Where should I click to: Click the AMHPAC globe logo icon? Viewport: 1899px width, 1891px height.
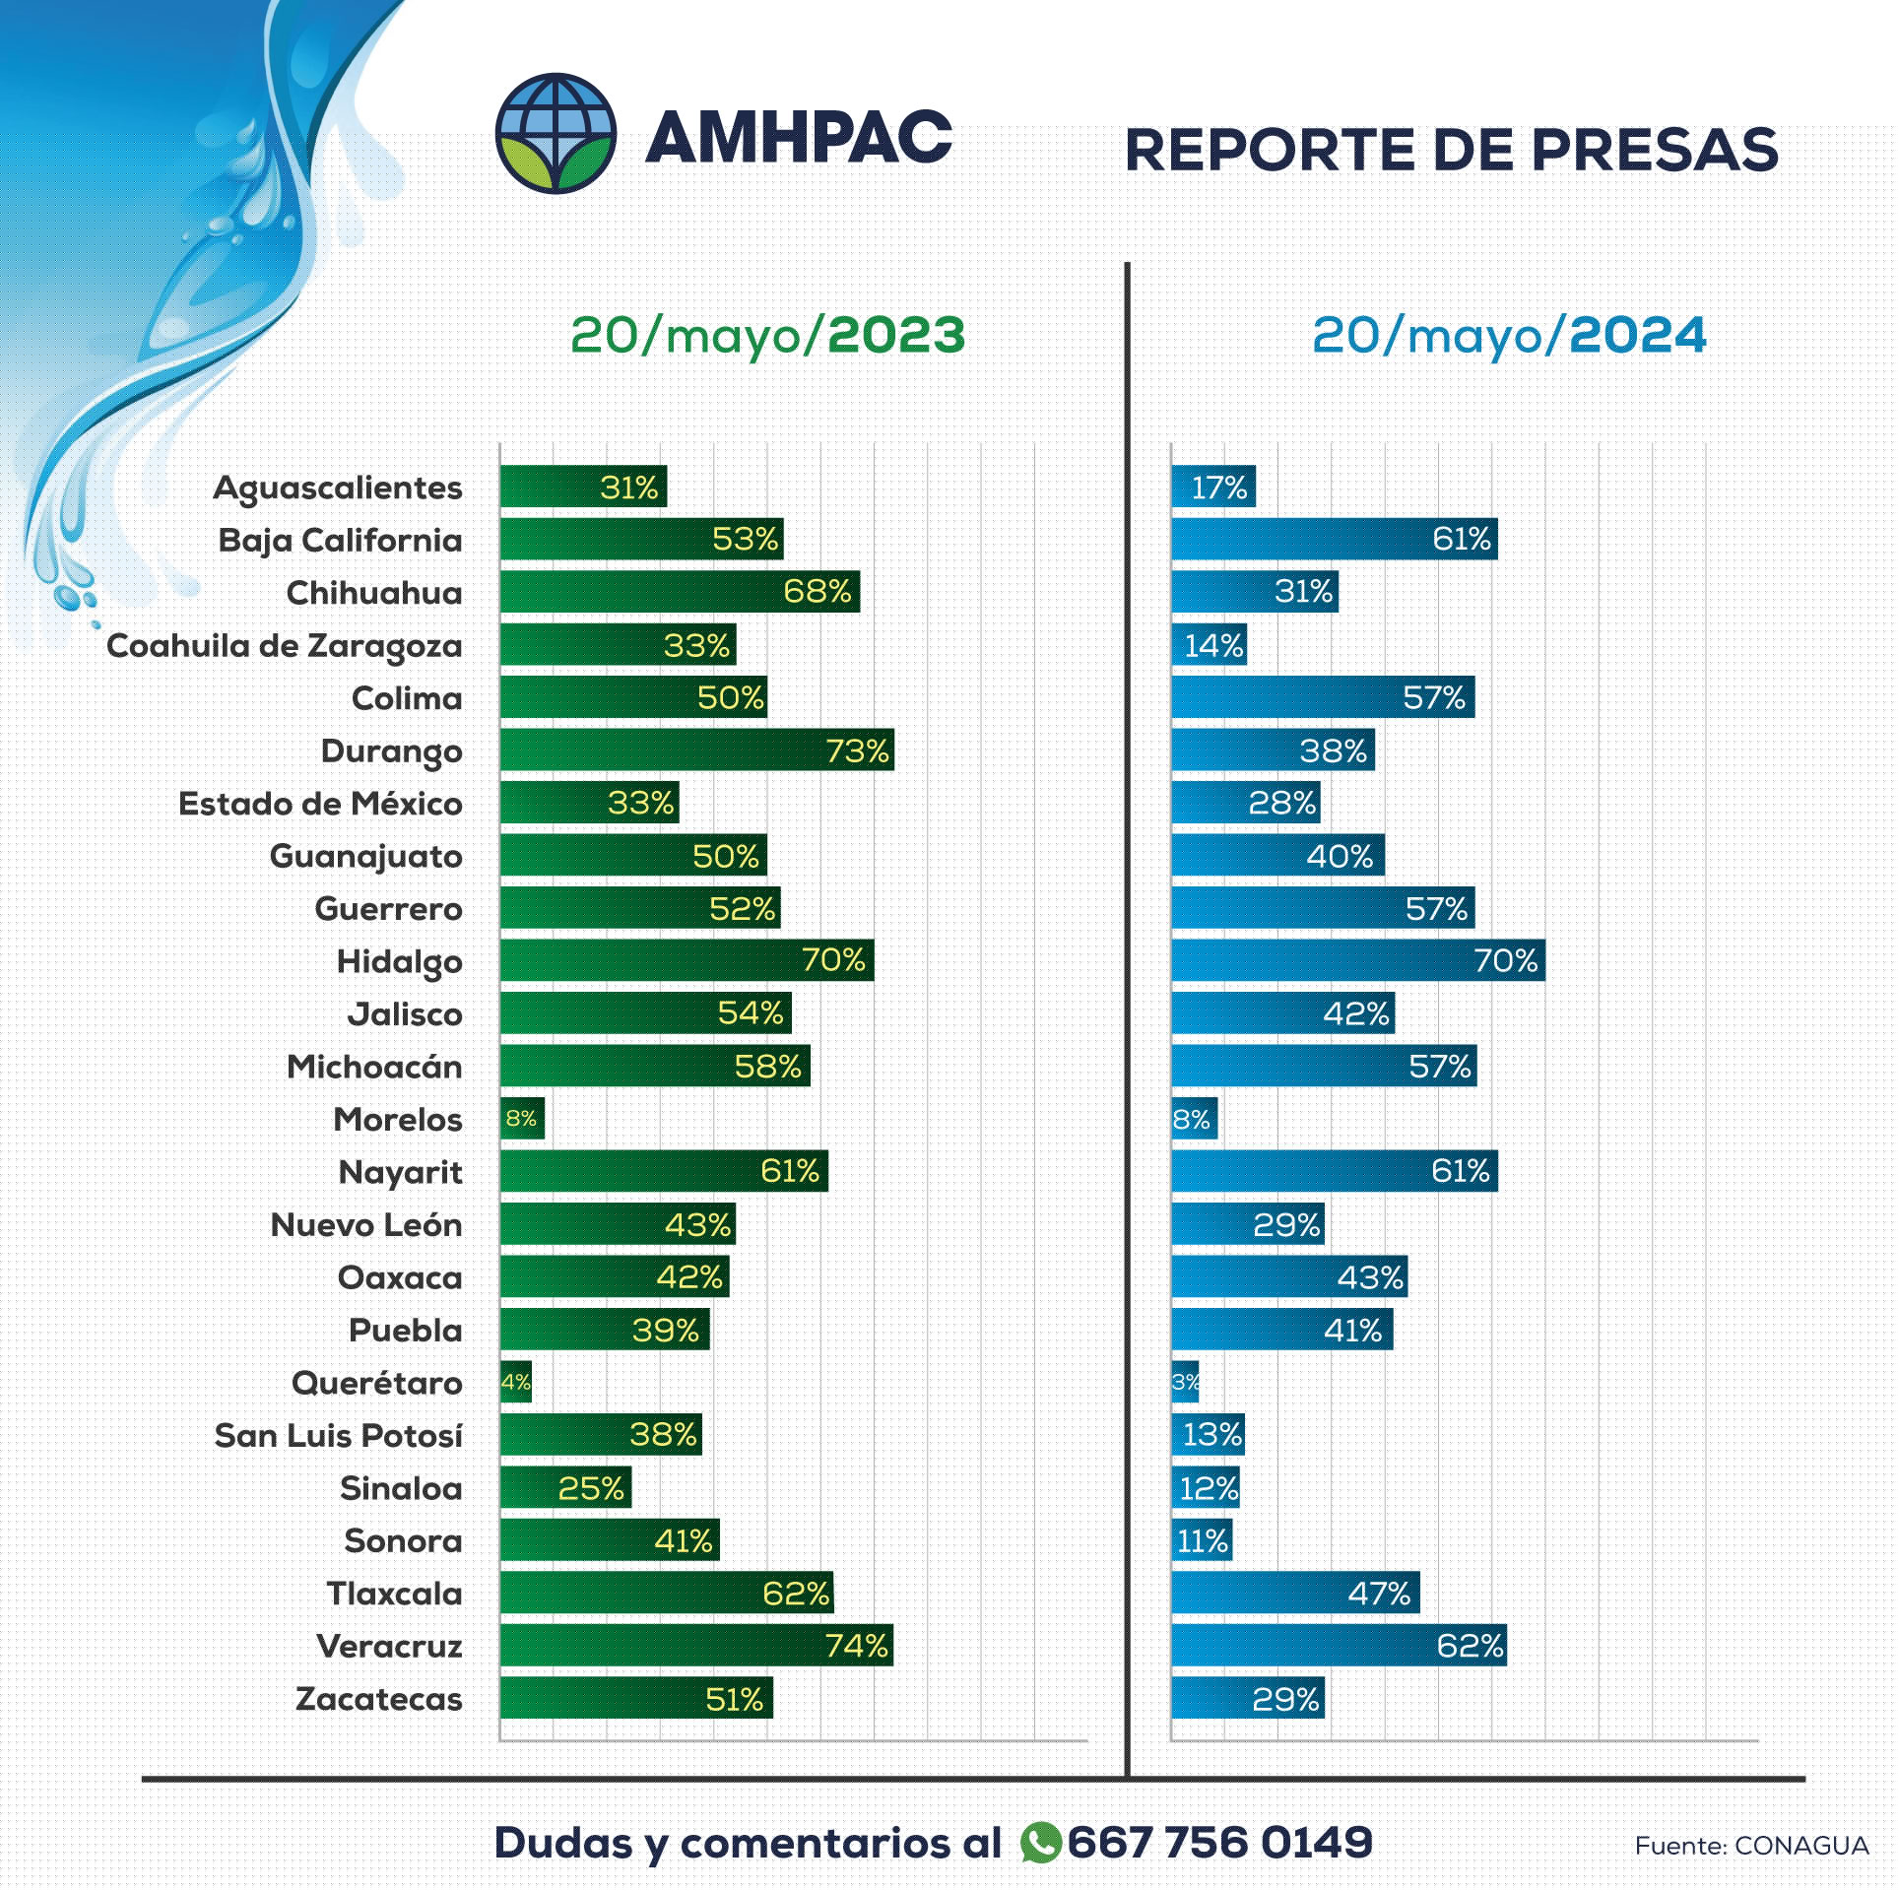pyautogui.click(x=556, y=133)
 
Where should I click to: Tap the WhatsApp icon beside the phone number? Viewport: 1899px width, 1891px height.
pyautogui.click(x=1040, y=1842)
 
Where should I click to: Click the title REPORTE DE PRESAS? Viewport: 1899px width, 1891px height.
pyautogui.click(x=1451, y=150)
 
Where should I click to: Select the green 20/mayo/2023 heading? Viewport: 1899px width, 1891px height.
pyautogui.click(x=767, y=336)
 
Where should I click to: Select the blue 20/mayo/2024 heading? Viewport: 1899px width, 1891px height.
pyautogui.click(x=1508, y=336)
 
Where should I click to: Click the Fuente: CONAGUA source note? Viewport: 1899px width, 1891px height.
pyautogui.click(x=1750, y=1846)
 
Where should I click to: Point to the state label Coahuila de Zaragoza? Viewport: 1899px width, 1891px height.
pyautogui.click(x=285, y=646)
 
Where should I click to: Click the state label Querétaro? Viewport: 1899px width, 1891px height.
pyautogui.click(x=376, y=1383)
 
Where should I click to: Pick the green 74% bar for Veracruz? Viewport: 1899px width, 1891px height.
pyautogui.click(x=695, y=1646)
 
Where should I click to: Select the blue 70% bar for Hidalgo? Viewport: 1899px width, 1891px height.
pyautogui.click(x=1357, y=960)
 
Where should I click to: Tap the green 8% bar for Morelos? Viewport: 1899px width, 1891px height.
pyautogui.click(x=522, y=1119)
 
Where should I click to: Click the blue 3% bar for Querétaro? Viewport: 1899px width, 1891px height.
pyautogui.click(x=1185, y=1383)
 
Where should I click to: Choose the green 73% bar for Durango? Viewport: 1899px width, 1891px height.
pyautogui.click(x=695, y=750)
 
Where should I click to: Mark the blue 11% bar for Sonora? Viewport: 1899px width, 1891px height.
pyautogui.click(x=1202, y=1540)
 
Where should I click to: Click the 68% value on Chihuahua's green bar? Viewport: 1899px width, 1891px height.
pyautogui.click(x=817, y=592)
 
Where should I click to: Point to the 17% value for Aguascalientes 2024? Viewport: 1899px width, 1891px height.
pyautogui.click(x=1218, y=488)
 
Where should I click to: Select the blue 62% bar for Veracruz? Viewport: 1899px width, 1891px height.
pyautogui.click(x=1338, y=1646)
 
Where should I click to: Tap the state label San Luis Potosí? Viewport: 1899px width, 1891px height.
pyautogui.click(x=338, y=1436)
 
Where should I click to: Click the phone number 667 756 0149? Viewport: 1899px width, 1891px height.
pyautogui.click(x=1219, y=1842)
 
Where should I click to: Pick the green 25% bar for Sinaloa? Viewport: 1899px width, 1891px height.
pyautogui.click(x=565, y=1488)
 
